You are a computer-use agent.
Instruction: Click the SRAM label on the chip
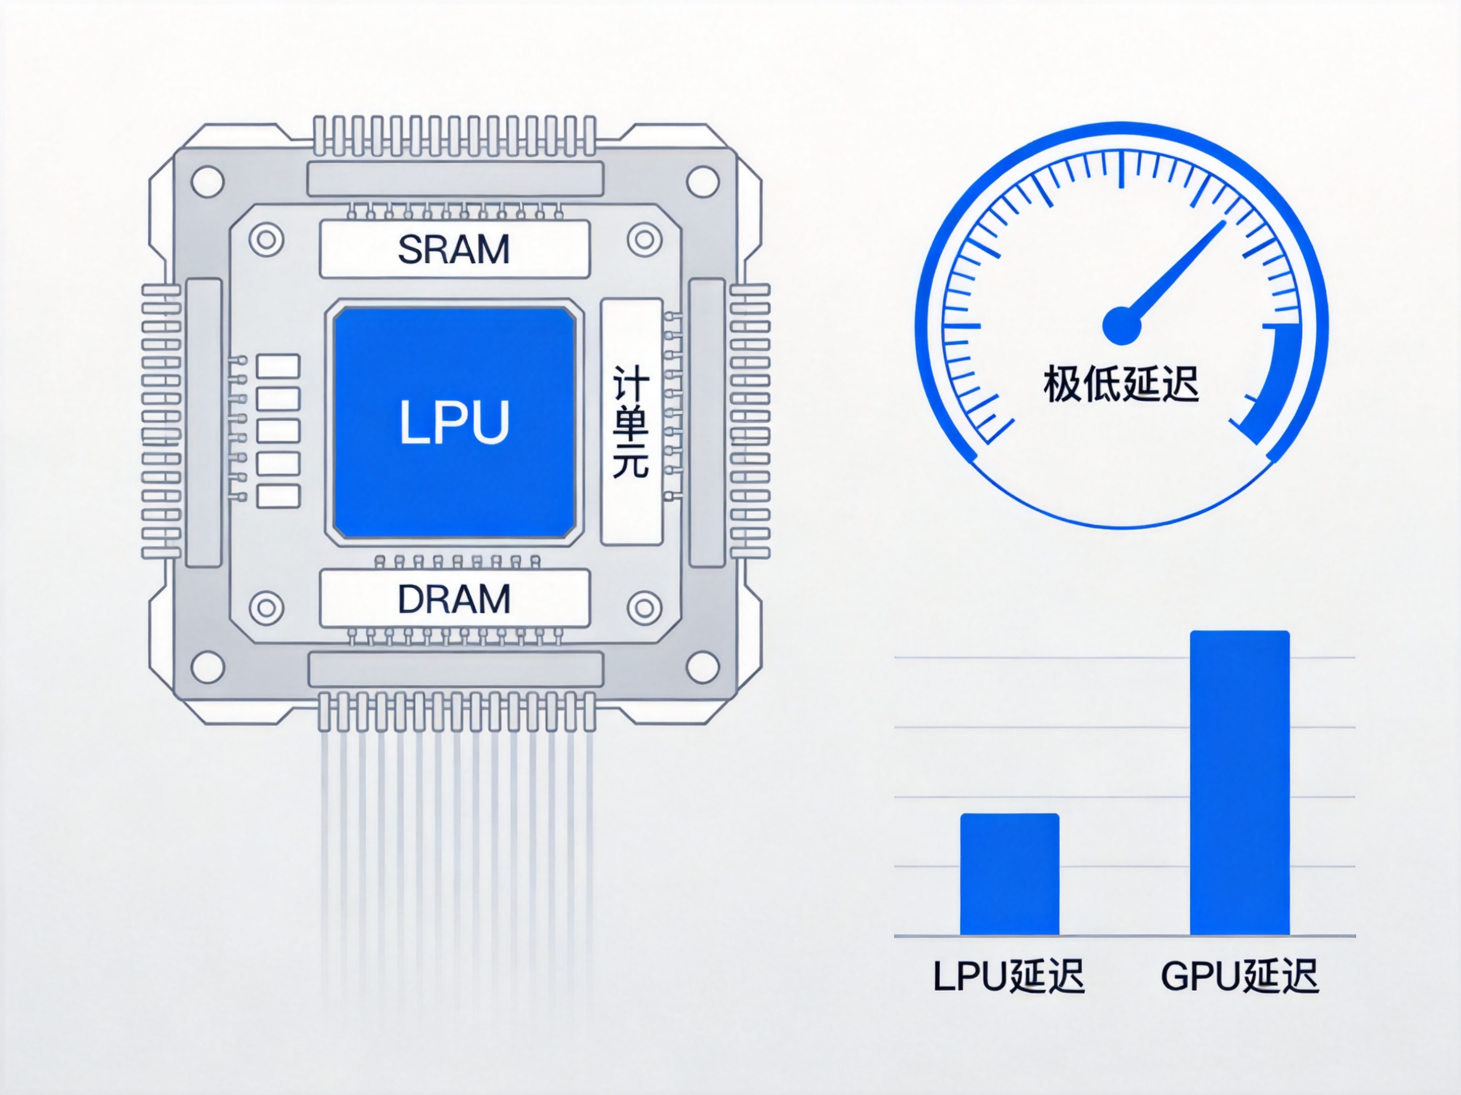tap(454, 250)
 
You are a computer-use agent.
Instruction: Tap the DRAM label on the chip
tap(454, 598)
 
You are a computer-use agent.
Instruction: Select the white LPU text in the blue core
tap(454, 422)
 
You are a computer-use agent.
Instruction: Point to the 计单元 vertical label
tap(630, 422)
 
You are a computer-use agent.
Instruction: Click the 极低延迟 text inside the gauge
tap(1121, 384)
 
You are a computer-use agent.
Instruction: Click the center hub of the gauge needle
tap(1122, 326)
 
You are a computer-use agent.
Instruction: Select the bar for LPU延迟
tap(1009, 874)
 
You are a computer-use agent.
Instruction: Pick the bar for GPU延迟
tap(1240, 782)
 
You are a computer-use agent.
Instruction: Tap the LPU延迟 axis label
tap(1009, 976)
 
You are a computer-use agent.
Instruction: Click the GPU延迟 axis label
tap(1240, 976)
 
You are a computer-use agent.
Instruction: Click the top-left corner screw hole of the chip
tap(208, 182)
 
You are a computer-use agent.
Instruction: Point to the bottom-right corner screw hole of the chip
tap(702, 667)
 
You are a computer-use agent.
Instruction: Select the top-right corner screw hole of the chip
tap(702, 182)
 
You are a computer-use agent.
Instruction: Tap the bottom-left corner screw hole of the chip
tap(208, 667)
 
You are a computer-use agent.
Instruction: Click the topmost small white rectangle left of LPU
tap(278, 366)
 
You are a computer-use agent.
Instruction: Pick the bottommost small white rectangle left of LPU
tap(278, 497)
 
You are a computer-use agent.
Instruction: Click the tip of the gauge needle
tap(1225, 222)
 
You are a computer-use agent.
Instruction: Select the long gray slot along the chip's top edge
tap(455, 178)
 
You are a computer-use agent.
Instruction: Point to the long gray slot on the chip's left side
tap(203, 422)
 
